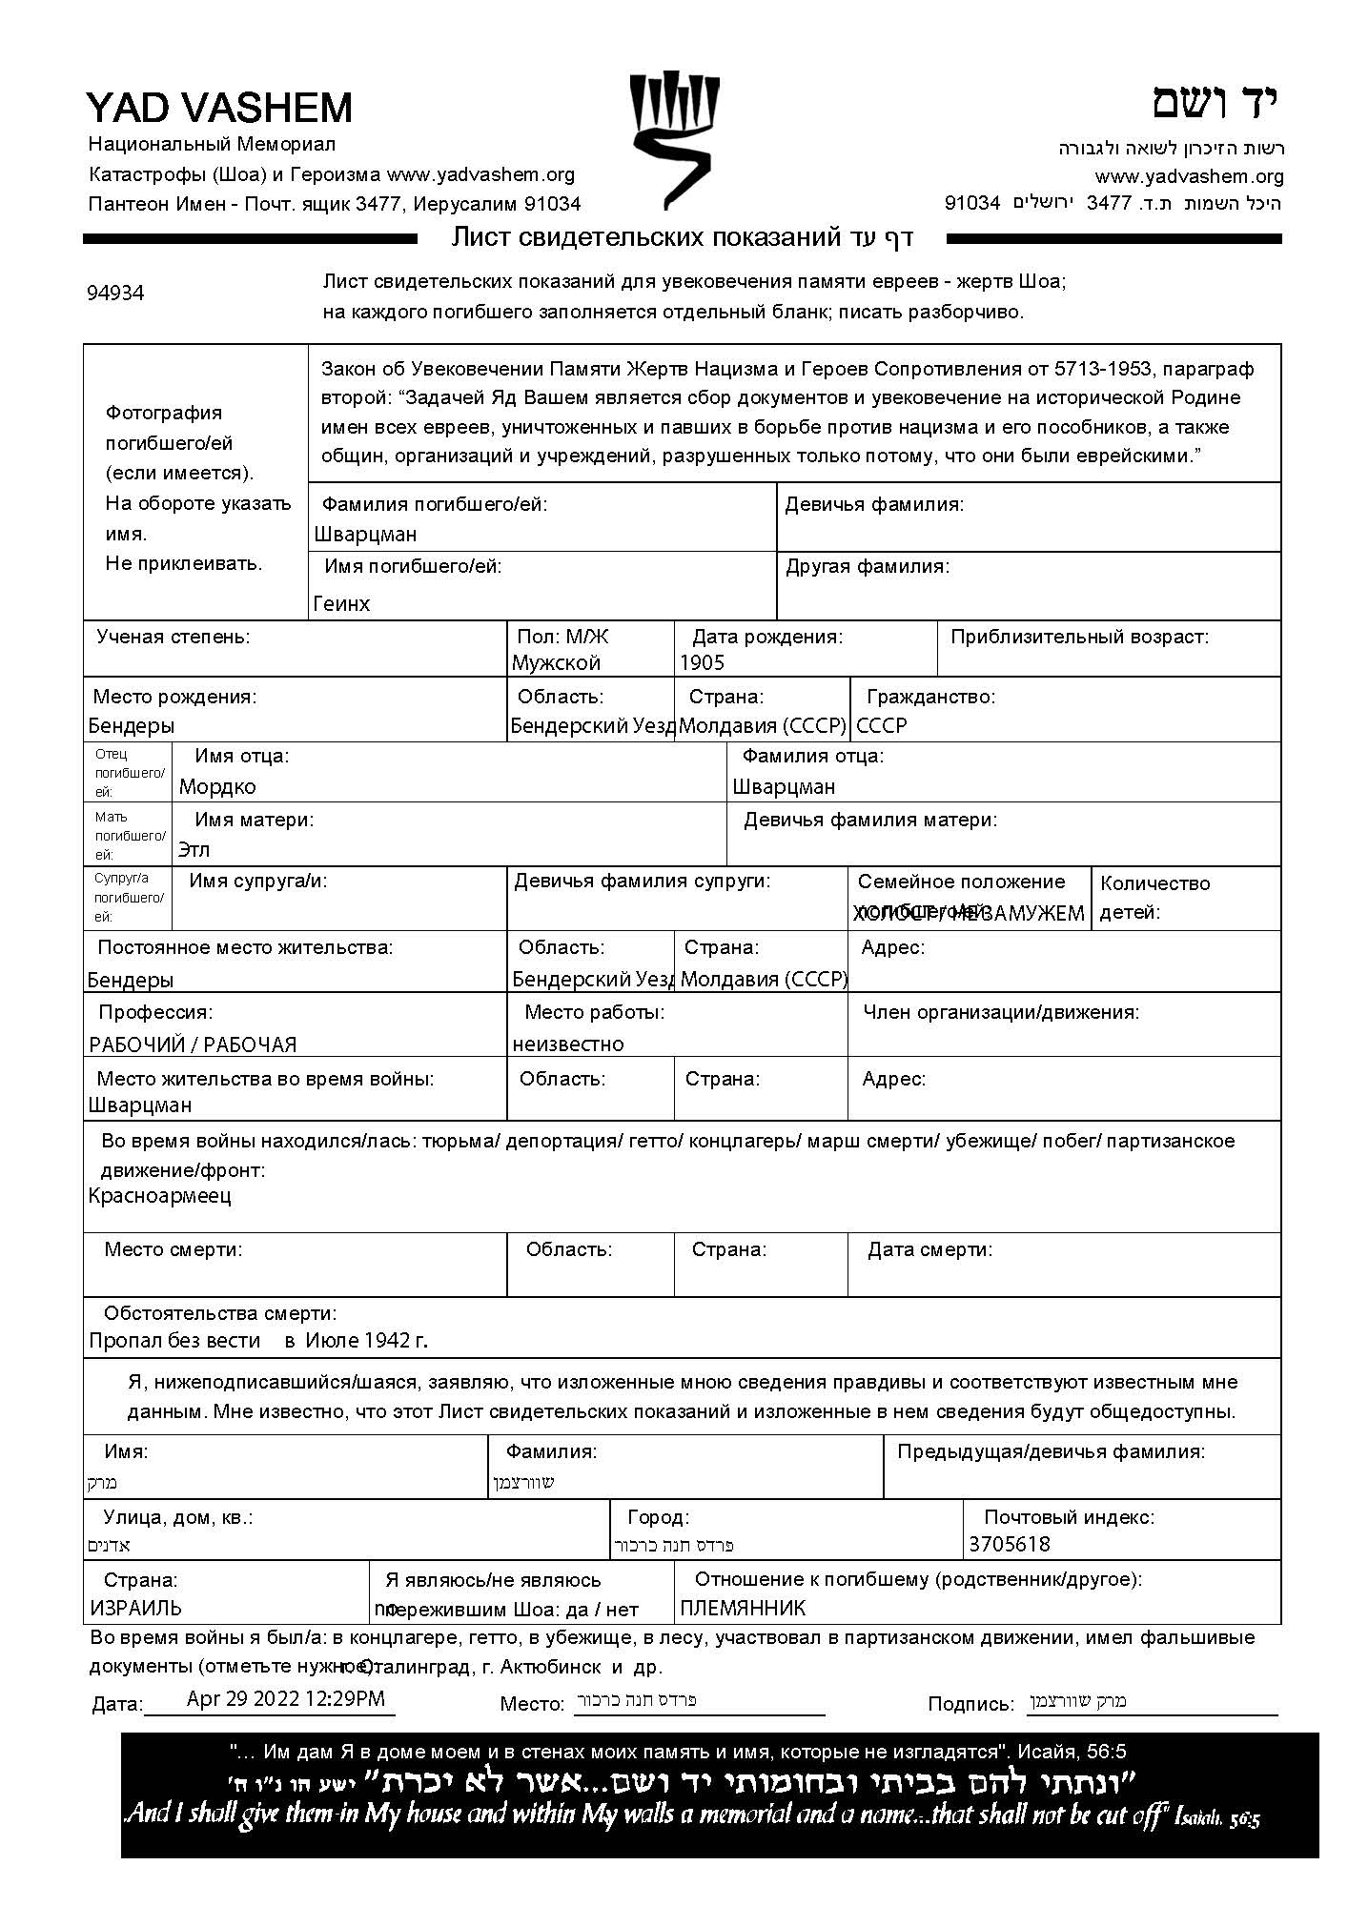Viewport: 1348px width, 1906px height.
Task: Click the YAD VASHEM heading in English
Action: (x=219, y=108)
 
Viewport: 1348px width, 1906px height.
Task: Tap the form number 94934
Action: (x=115, y=294)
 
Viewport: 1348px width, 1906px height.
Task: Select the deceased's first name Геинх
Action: (x=341, y=603)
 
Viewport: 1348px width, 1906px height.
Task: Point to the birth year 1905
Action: (x=702, y=663)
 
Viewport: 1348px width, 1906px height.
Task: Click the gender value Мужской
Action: (x=556, y=663)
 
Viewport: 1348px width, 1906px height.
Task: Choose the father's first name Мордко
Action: (x=217, y=787)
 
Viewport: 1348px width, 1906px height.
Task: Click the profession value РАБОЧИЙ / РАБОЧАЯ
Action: (x=193, y=1044)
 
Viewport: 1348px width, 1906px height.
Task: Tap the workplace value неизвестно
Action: (x=568, y=1044)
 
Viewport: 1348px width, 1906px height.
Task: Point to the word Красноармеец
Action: (x=159, y=1196)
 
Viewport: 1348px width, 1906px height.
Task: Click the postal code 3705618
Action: (x=1010, y=1544)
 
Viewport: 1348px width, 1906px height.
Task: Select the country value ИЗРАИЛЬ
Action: (x=136, y=1609)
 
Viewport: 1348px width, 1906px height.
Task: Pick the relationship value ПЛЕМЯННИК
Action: (x=743, y=1609)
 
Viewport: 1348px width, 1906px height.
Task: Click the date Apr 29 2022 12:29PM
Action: (x=286, y=1698)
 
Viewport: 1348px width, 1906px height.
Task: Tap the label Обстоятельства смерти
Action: (x=219, y=1313)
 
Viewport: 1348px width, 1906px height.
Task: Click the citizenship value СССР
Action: (x=882, y=726)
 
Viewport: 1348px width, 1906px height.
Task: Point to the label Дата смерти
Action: (x=929, y=1249)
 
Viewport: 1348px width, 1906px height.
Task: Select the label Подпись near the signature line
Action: (x=970, y=1704)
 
